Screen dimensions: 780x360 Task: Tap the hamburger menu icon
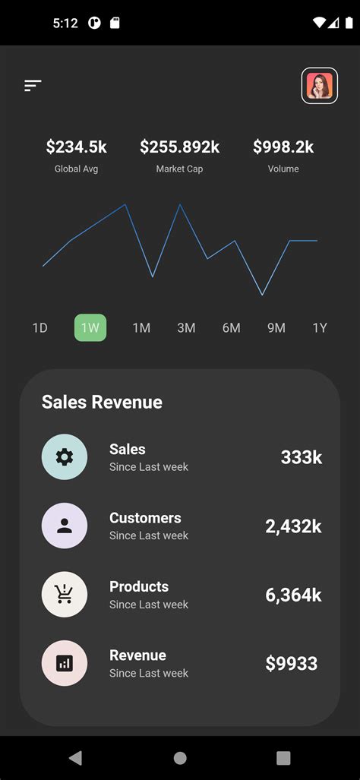click(33, 86)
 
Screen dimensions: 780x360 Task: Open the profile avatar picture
click(320, 86)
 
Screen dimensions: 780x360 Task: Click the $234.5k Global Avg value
click(76, 147)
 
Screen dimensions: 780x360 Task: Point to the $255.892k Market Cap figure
click(179, 147)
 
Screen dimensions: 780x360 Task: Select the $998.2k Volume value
click(283, 147)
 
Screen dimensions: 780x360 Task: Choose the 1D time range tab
click(40, 327)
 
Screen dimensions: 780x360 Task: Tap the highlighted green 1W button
click(90, 327)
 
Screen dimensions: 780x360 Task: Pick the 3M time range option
click(186, 327)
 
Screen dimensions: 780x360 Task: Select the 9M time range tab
click(276, 327)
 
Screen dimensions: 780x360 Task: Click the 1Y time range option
click(320, 327)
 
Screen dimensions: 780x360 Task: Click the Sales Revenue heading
click(102, 402)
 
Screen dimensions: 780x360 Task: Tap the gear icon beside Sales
click(65, 456)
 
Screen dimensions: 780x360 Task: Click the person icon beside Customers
click(65, 526)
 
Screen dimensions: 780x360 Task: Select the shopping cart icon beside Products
click(65, 594)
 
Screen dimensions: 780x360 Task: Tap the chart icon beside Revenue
click(65, 663)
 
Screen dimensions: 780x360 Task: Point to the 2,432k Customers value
click(293, 526)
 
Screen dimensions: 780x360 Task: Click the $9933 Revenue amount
click(291, 663)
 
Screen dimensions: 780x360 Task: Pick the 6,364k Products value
click(293, 595)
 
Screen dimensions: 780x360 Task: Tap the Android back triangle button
click(75, 757)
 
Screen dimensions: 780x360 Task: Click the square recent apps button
click(283, 757)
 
